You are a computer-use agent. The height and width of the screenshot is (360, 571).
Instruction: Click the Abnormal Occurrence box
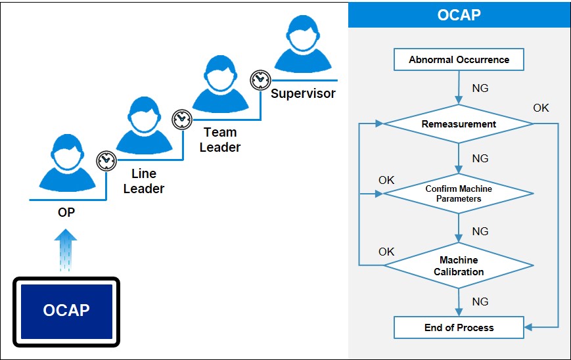(459, 60)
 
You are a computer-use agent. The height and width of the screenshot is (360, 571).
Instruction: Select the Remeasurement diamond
(459, 124)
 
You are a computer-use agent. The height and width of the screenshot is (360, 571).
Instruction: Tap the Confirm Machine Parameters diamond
(459, 194)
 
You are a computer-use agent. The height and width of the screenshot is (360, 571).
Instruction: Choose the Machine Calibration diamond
(459, 266)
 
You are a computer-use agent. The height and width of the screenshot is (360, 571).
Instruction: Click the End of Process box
(459, 327)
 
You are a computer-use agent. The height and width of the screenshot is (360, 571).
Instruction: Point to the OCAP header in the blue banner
(459, 14)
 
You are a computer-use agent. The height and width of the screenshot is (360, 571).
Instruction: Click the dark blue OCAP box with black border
(66, 311)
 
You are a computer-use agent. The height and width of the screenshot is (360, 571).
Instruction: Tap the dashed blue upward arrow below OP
(66, 250)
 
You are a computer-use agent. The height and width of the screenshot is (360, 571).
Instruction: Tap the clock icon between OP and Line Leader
(106, 160)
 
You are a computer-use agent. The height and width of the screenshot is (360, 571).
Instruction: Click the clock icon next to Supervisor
(260, 79)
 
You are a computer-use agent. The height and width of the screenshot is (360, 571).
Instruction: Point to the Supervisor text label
(303, 93)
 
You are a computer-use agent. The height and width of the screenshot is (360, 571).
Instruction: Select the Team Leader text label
(220, 139)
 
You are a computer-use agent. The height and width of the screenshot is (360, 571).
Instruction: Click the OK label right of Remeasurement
(541, 108)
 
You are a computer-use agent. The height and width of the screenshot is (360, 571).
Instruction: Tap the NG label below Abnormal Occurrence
(480, 88)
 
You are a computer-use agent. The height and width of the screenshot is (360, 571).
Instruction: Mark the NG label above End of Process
(480, 302)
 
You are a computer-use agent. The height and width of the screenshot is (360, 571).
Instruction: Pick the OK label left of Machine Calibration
(386, 252)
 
